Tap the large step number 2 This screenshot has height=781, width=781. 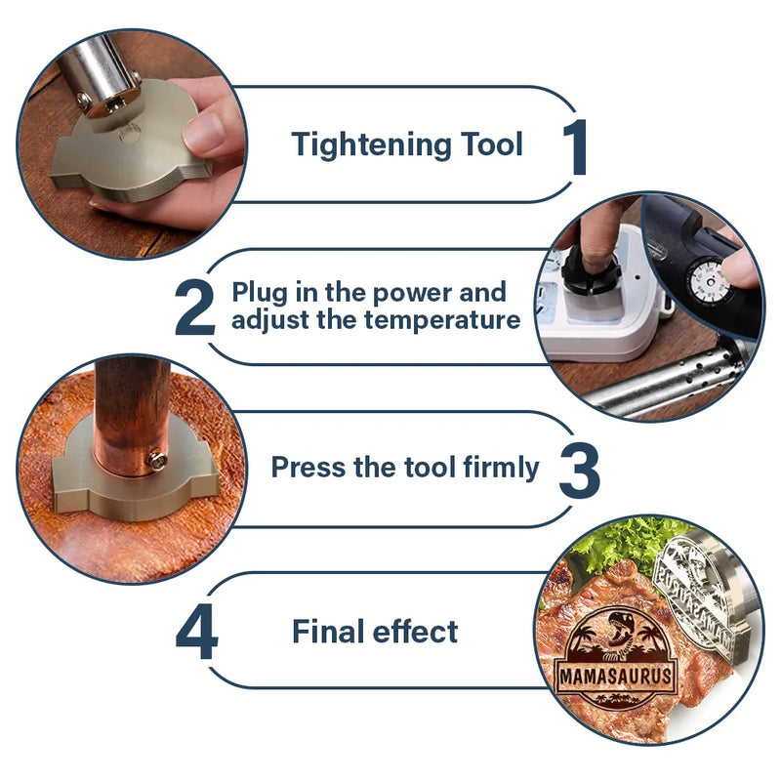coord(194,308)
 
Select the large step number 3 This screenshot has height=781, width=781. coord(579,471)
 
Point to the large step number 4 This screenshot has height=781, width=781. coord(197,632)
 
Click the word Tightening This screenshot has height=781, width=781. coord(372,145)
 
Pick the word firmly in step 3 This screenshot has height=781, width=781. coord(501,469)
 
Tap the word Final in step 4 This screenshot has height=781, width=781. coord(329,632)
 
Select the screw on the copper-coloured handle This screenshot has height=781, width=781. coord(157,461)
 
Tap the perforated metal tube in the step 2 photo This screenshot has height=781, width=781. coord(668,380)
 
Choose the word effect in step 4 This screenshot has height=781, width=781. coord(416,632)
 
